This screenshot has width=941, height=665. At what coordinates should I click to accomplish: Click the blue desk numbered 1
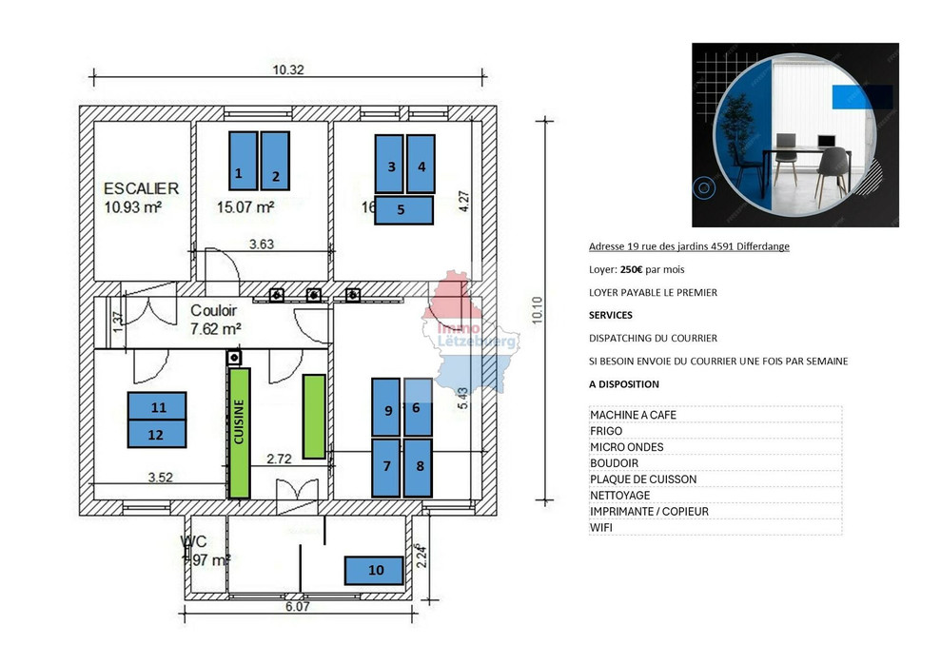[243, 160]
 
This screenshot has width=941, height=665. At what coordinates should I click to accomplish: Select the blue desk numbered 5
[403, 209]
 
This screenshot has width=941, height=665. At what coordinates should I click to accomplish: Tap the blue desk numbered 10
[376, 570]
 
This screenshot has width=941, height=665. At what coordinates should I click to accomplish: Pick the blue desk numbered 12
[158, 433]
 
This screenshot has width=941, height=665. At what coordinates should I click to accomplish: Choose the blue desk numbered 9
[385, 406]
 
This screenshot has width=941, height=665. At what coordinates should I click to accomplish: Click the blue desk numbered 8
[418, 467]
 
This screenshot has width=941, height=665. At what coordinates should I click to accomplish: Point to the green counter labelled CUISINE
[239, 432]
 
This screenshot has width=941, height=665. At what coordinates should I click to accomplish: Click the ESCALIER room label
[141, 188]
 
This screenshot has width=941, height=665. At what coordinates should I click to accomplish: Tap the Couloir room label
[215, 311]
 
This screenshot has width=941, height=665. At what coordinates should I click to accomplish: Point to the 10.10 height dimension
[538, 308]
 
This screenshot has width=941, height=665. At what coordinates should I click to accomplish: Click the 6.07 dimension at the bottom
[297, 606]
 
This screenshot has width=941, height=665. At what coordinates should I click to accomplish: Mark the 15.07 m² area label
[245, 206]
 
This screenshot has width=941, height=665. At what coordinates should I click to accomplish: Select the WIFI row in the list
[602, 527]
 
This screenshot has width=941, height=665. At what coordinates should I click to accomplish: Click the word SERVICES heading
[610, 315]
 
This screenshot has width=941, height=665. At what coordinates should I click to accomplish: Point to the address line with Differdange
[688, 246]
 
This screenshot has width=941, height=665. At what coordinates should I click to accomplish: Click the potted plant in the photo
[735, 133]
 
